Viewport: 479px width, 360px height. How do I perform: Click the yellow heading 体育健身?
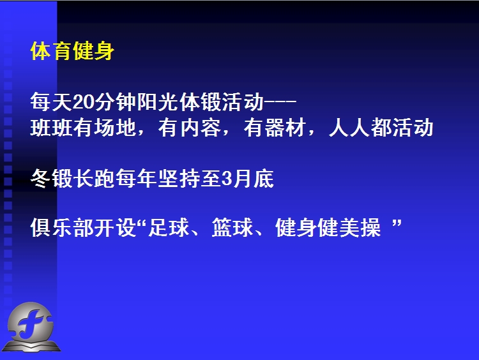pos(72,51)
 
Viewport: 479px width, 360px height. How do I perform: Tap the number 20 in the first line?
pos(84,101)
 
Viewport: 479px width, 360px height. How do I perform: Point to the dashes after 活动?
pos(280,101)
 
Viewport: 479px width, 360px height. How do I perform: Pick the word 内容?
pos(201,128)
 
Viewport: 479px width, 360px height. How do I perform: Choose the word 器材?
pos(286,128)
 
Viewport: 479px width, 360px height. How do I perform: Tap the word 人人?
pos(350,128)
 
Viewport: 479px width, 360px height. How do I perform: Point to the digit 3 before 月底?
pos(227,178)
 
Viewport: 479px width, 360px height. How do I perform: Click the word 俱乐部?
pos(62,227)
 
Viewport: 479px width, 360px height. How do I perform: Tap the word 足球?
pos(169,227)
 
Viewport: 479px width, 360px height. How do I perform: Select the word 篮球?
pos(232,227)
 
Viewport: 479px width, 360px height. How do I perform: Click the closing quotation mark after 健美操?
pos(397,224)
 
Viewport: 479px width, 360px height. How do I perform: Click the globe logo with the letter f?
pos(31,327)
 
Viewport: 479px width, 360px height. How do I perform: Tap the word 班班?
pos(51,128)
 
